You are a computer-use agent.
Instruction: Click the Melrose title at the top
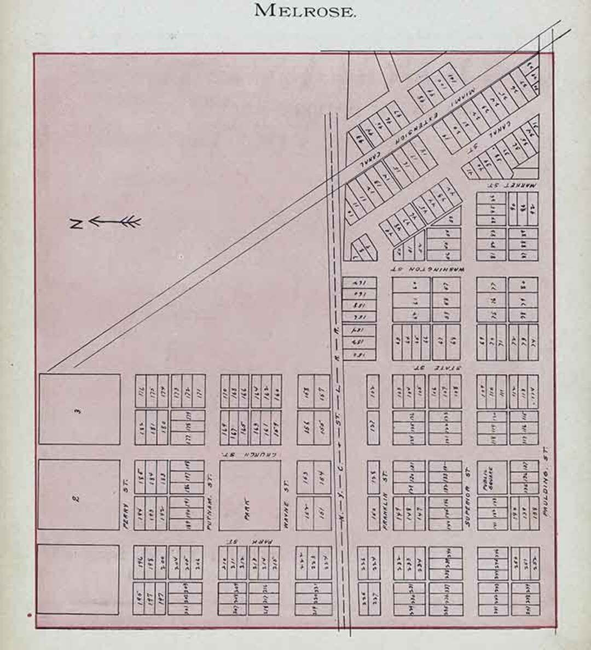(x=305, y=10)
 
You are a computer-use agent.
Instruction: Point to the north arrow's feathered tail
(x=131, y=222)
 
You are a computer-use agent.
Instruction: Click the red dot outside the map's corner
(x=29, y=615)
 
